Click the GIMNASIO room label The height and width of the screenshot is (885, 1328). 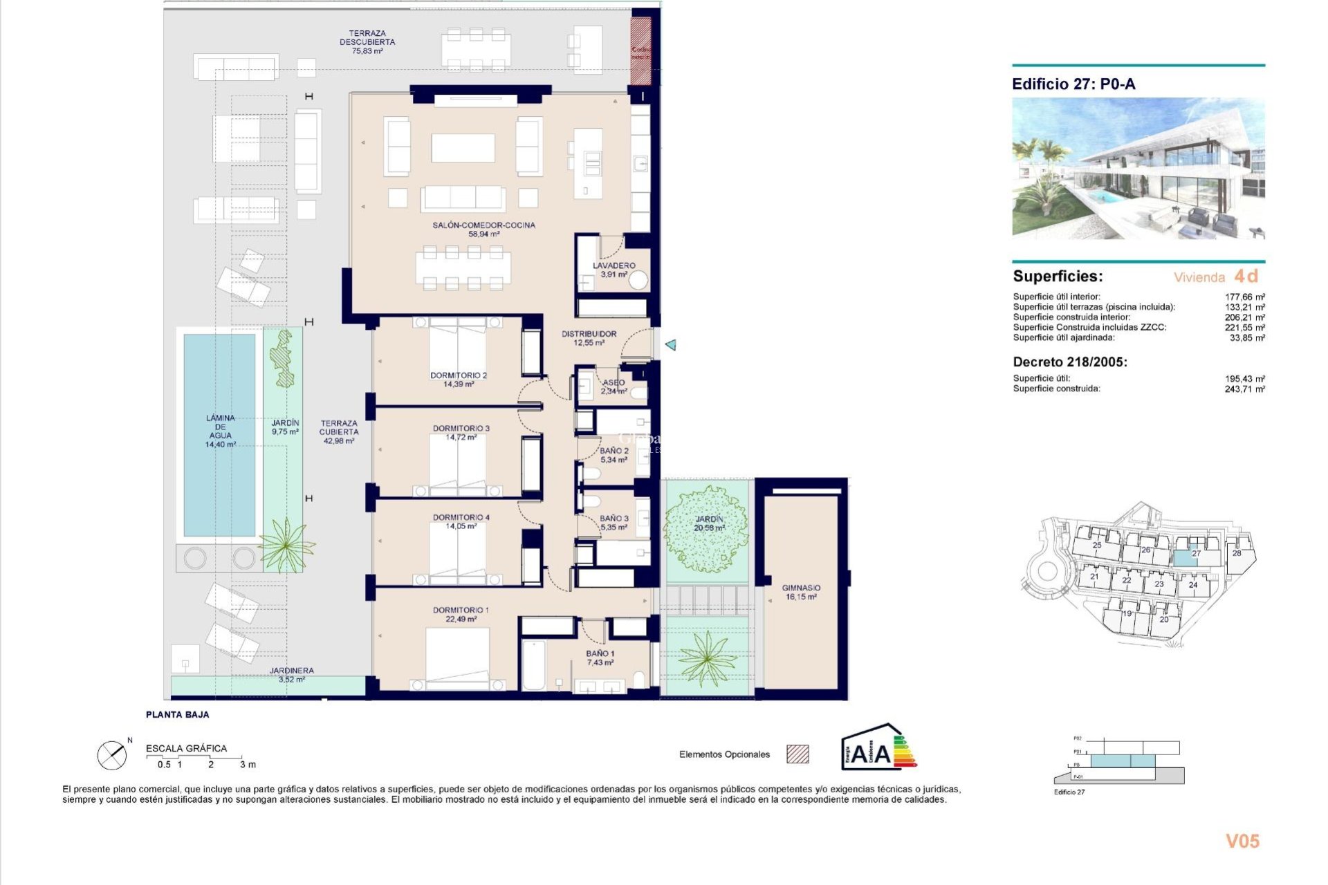(x=801, y=588)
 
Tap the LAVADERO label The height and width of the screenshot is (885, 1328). (x=614, y=265)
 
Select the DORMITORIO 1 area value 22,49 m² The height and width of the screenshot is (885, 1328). (x=461, y=619)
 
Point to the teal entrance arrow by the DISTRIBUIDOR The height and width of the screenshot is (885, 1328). (x=670, y=344)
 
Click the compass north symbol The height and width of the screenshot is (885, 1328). (x=112, y=755)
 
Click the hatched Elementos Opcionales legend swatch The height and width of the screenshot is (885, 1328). (x=797, y=754)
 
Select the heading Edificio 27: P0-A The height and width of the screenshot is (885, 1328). (x=1073, y=84)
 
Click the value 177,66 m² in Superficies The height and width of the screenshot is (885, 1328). (x=1244, y=297)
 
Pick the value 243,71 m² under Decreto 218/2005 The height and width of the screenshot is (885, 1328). (x=1244, y=389)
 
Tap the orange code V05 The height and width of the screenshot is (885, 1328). (x=1242, y=841)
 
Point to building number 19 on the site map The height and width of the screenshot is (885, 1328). (x=1127, y=614)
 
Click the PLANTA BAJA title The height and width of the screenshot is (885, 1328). (x=177, y=715)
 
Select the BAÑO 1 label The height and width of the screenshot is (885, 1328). (x=600, y=653)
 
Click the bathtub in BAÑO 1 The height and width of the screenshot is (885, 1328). (x=533, y=665)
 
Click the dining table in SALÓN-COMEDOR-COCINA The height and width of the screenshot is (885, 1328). (x=463, y=268)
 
